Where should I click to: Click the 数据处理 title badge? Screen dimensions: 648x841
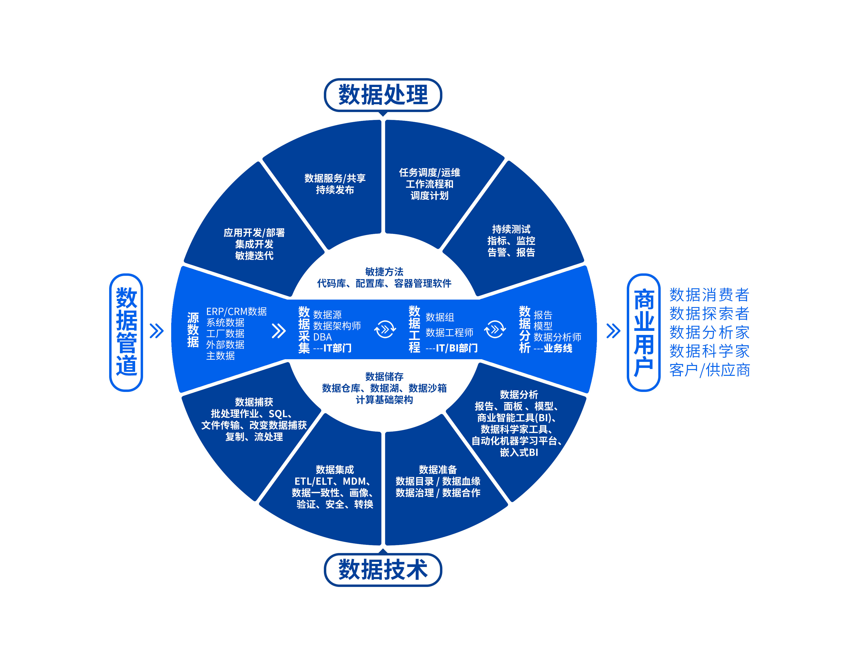pos(383,95)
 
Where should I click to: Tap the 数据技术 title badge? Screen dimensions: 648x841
pos(383,569)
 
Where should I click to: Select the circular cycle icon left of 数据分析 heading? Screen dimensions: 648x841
pos(495,330)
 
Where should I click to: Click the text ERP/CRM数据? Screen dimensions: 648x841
pos(236,311)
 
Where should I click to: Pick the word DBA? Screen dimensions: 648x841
pos(322,337)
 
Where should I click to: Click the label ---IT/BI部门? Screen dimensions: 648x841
pos(451,348)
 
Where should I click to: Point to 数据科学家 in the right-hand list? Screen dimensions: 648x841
pos(709,351)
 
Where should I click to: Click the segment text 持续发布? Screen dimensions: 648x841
pos(335,190)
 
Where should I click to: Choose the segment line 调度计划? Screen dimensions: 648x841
pos(429,195)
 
